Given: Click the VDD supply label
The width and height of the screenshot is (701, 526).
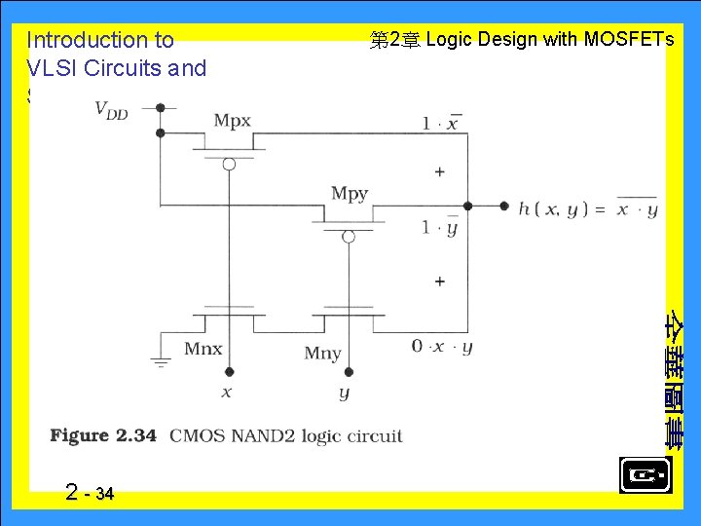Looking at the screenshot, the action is click(111, 110).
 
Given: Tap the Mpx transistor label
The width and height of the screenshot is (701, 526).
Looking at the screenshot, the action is click(233, 121).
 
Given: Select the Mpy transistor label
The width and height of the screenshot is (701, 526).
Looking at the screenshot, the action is click(350, 194).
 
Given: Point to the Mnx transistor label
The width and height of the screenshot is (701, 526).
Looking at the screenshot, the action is click(203, 349).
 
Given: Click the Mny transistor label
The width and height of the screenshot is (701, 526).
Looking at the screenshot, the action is click(323, 353).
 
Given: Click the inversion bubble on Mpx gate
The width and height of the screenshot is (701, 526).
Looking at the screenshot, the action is click(229, 164).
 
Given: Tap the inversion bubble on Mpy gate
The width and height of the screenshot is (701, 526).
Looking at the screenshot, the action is click(349, 236).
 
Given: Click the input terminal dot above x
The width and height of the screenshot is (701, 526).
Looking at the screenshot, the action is click(229, 371).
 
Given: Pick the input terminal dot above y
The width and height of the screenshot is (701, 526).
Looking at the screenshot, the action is click(349, 371).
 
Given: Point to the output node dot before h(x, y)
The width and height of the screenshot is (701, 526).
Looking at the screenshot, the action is click(504, 206).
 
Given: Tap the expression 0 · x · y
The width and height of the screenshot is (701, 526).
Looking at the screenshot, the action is click(442, 347).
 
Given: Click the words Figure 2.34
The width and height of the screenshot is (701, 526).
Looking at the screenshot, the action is click(103, 435).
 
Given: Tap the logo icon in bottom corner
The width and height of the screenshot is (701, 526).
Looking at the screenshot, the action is click(645, 476).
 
